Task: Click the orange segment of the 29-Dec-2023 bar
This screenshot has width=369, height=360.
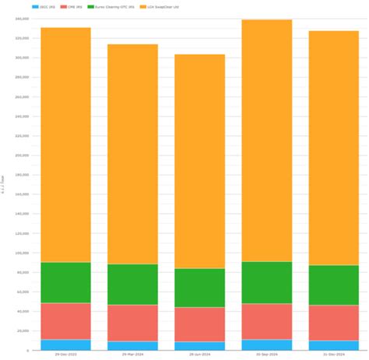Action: (65, 145)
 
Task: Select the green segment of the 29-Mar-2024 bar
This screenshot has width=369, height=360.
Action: (132, 284)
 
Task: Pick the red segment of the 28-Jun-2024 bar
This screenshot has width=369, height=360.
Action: (199, 324)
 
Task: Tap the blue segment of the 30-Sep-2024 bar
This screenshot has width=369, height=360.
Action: (266, 344)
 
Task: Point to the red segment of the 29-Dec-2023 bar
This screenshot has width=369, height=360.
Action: (65, 321)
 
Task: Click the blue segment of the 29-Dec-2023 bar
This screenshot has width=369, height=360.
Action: (65, 344)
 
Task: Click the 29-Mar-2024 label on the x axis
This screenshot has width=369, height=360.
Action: (132, 355)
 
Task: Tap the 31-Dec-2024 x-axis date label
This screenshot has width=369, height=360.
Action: (333, 355)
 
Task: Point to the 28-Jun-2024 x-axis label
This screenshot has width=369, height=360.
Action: (199, 355)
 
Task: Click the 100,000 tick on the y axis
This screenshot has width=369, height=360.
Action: (22, 253)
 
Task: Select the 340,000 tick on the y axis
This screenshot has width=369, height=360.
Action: (22, 18)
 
